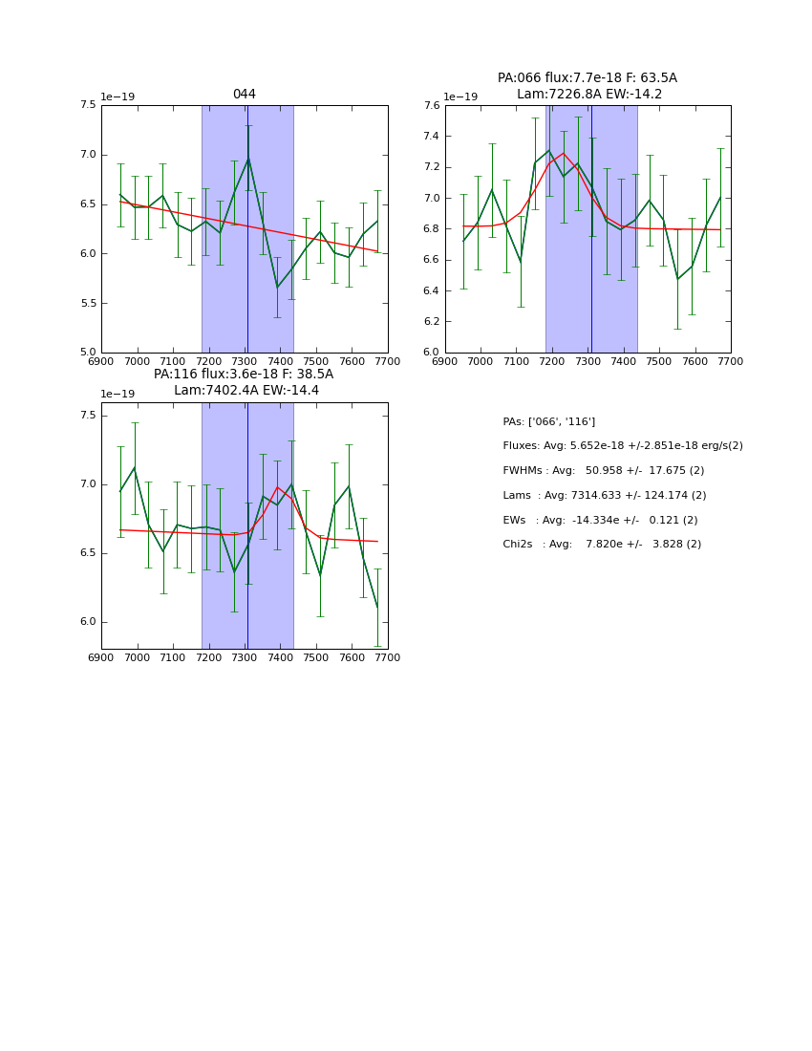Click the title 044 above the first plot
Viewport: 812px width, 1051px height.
(x=244, y=95)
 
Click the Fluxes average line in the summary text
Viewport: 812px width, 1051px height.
(x=622, y=446)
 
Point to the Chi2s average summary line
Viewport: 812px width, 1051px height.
(x=602, y=545)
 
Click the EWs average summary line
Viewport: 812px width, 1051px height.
(x=600, y=521)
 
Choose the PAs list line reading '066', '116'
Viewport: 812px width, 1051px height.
(x=548, y=422)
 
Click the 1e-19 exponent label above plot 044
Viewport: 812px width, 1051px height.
(x=118, y=97)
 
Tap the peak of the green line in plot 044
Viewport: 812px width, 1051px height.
(x=248, y=158)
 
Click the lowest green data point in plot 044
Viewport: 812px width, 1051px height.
(x=277, y=288)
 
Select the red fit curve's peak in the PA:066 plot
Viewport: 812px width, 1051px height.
(x=563, y=153)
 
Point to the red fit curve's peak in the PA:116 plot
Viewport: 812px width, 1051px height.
(x=278, y=487)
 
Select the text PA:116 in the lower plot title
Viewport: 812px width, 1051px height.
(x=175, y=375)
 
